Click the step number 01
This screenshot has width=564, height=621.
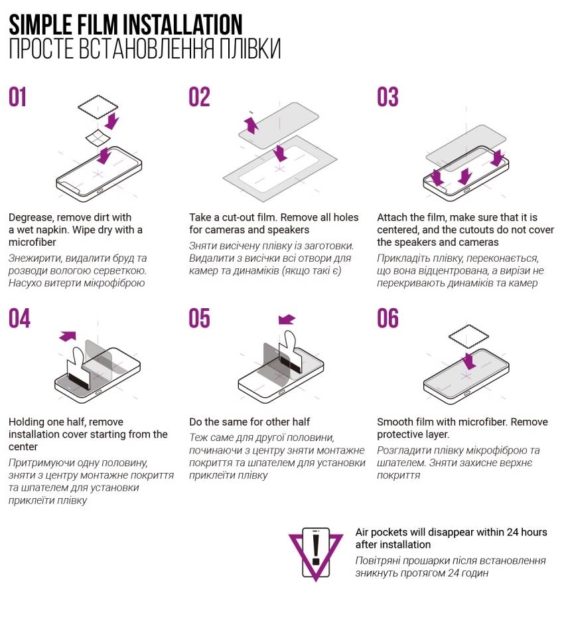coord(17,98)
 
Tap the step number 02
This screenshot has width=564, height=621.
coord(199,98)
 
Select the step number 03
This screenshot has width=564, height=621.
coord(388,98)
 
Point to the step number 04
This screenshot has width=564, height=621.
coord(19,318)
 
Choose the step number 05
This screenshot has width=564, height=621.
coord(199,318)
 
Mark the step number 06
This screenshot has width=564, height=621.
coord(388,318)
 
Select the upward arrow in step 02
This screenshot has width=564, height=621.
coord(251,124)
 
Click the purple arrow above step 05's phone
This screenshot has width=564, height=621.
coord(287,319)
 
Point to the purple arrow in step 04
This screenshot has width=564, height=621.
coord(68,336)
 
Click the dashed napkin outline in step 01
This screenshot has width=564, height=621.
coord(98,106)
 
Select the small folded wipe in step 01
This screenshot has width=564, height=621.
coord(98,137)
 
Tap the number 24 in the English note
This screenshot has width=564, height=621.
coord(512,532)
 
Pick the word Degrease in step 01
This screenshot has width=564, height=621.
coord(31,217)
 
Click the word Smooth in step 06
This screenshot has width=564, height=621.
coord(393,422)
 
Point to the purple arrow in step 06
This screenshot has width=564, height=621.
coord(469,361)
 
